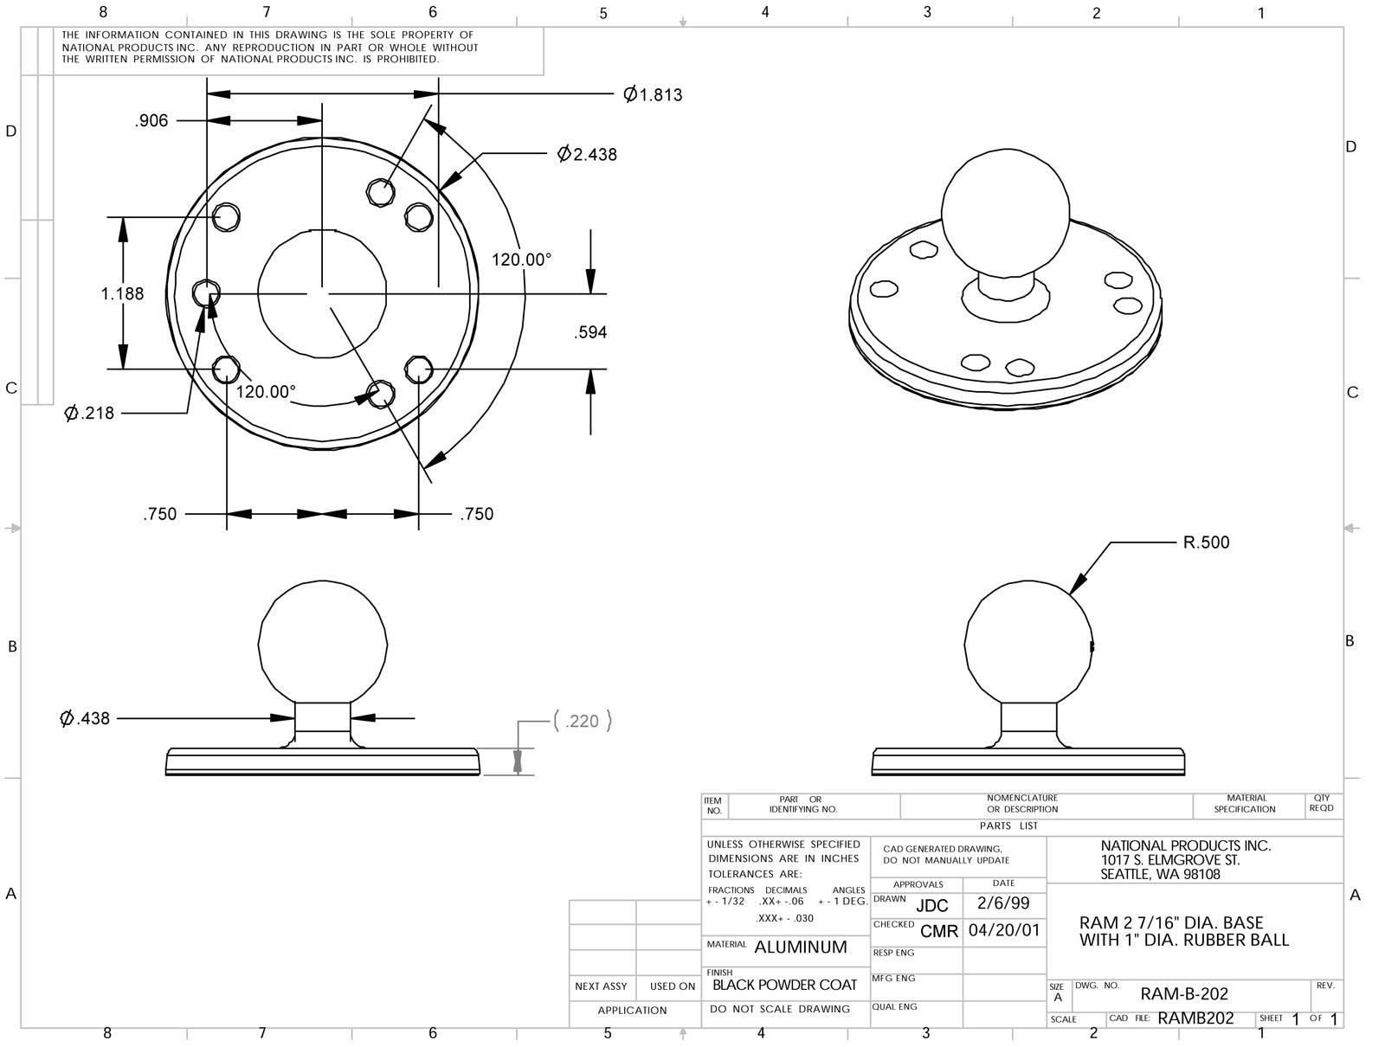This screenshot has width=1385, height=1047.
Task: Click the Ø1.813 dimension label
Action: pyautogui.click(x=654, y=94)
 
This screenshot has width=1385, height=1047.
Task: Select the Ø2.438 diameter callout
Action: pyautogui.click(x=588, y=154)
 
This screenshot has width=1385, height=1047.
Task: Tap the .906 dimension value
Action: pyautogui.click(x=151, y=121)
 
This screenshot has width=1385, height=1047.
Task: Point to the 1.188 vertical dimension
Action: pyautogui.click(x=122, y=293)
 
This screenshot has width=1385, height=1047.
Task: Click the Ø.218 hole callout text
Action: pyautogui.click(x=89, y=413)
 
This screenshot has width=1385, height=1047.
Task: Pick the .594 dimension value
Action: pyautogui.click(x=590, y=332)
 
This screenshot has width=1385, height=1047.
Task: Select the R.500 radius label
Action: pyautogui.click(x=1206, y=543)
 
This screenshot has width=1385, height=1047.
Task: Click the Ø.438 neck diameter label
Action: pyautogui.click(x=85, y=718)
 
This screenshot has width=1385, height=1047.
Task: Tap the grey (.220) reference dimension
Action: pyautogui.click(x=582, y=721)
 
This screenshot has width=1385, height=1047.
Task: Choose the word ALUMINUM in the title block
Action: pyautogui.click(x=801, y=947)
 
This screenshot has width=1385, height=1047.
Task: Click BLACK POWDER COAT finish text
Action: pyautogui.click(x=784, y=985)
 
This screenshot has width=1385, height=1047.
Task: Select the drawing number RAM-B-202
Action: pyautogui.click(x=1184, y=994)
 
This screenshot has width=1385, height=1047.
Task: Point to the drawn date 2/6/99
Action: pyautogui.click(x=1003, y=903)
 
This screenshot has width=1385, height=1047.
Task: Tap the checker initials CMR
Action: pyautogui.click(x=939, y=931)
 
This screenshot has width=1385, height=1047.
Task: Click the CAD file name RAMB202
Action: pyautogui.click(x=1195, y=1018)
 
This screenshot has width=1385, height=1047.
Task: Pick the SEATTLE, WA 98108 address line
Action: pyautogui.click(x=1160, y=875)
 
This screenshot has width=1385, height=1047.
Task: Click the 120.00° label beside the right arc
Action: pyautogui.click(x=522, y=260)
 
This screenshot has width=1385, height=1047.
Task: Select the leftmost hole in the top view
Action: pyautogui.click(x=206, y=293)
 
